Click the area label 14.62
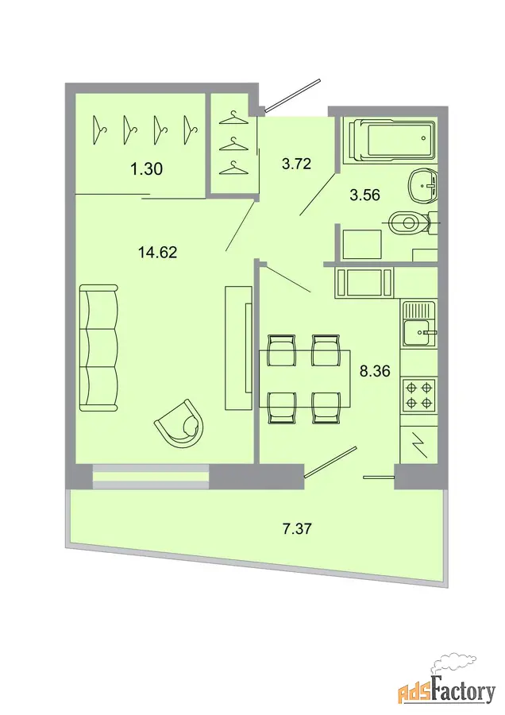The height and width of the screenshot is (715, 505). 158,252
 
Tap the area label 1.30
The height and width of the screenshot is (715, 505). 146,169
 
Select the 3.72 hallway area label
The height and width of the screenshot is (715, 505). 296,163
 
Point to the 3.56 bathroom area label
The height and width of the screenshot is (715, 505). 364,195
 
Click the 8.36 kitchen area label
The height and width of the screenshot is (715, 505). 375,371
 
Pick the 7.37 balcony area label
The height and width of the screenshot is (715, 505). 297,529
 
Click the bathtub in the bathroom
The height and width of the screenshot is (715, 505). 390,141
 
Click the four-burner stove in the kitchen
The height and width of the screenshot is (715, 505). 419,396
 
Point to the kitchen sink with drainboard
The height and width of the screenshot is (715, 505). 419,325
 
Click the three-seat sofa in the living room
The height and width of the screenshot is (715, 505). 99,348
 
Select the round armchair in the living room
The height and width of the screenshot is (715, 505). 180,424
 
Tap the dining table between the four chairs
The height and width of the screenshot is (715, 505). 305,378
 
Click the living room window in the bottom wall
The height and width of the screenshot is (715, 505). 151,477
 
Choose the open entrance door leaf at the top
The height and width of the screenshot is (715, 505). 293,95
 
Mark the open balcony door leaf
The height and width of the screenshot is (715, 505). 330,462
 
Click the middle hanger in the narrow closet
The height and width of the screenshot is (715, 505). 233,144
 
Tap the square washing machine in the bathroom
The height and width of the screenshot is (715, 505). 362,245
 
